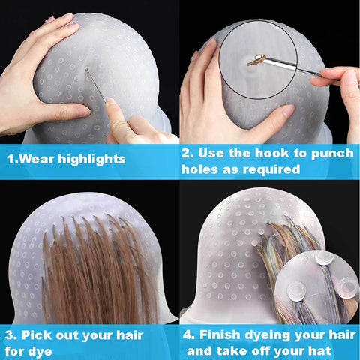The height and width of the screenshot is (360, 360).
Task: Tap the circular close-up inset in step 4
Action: [x=318, y=285]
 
